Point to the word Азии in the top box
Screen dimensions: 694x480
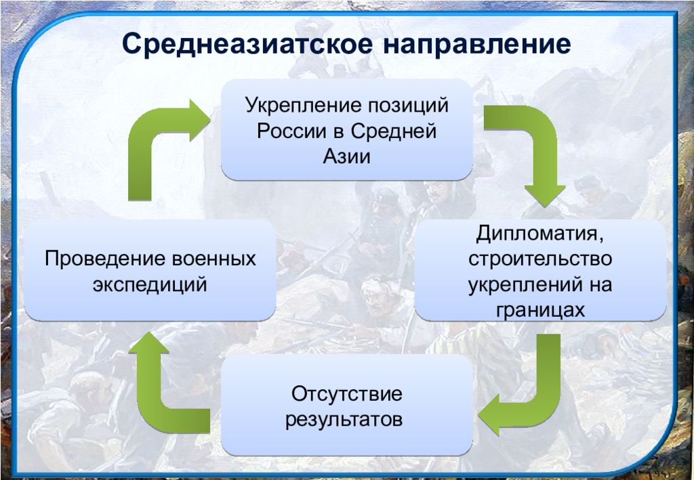[346, 156]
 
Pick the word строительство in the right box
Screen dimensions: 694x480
[540, 259]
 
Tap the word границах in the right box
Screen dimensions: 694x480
[540, 310]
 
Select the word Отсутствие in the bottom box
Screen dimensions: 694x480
[346, 394]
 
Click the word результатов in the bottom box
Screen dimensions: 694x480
[344, 420]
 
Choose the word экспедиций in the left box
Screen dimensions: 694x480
[150, 285]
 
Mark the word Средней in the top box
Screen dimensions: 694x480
[394, 131]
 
